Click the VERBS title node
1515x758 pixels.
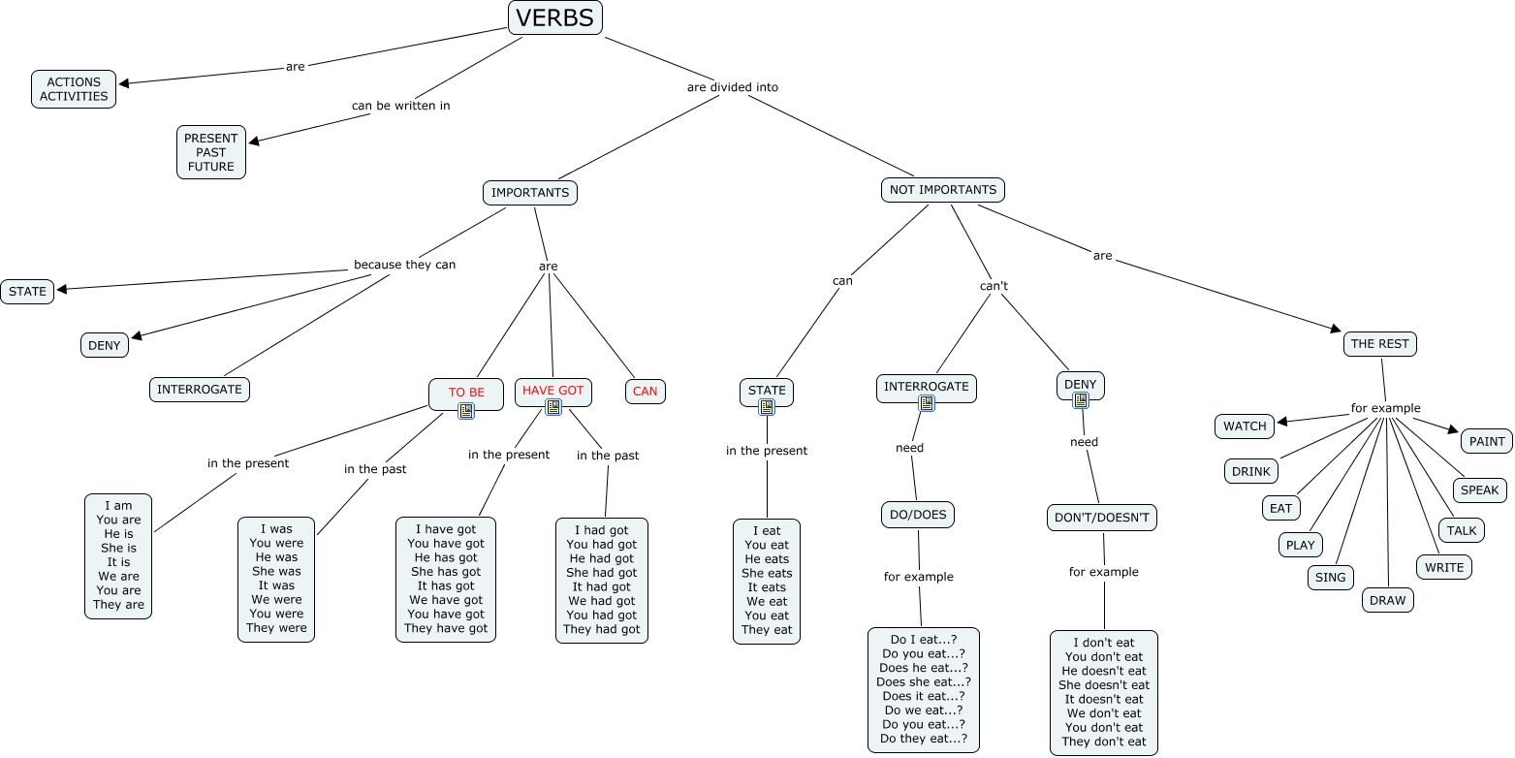555,17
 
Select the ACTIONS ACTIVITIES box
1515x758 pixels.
74,89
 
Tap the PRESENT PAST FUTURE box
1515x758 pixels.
211,152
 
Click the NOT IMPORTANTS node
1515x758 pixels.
942,190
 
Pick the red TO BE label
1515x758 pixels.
466,392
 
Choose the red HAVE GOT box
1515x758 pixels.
552,390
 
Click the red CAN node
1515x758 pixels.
645,392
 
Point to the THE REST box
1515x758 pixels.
1380,343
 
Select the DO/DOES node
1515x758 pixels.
917,515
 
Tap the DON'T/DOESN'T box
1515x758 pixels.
1101,518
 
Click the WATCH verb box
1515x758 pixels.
1245,426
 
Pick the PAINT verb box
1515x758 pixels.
1487,441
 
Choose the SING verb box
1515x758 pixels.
1331,577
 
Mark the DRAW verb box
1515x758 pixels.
1387,600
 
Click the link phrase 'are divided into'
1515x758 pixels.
732,87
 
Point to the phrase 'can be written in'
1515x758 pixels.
400,105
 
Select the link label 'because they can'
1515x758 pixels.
404,265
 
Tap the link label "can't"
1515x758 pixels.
994,286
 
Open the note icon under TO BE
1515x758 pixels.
466,411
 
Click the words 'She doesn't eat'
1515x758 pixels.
1103,685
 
